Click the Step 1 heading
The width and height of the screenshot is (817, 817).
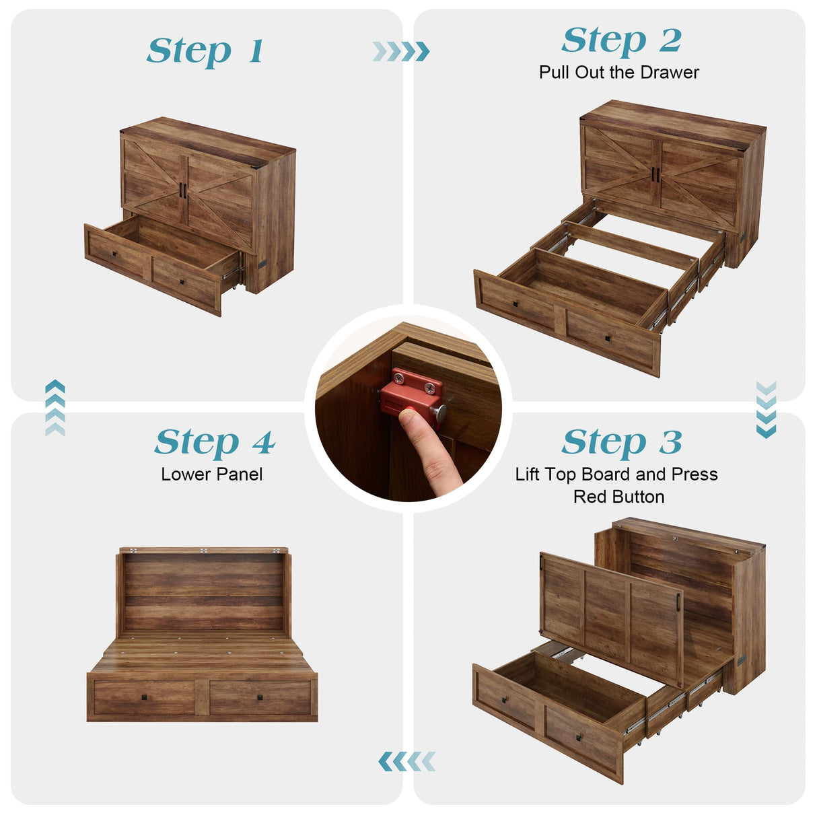[205, 52]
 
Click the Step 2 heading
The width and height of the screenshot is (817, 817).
[621, 41]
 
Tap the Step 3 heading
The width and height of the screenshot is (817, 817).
[621, 443]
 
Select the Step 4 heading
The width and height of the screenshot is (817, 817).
[214, 443]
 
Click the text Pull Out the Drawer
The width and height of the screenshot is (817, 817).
[618, 73]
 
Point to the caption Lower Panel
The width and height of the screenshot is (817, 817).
[211, 474]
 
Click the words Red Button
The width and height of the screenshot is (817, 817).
[618, 497]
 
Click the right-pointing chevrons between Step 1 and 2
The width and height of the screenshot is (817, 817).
[401, 52]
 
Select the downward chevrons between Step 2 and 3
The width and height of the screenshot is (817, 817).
[766, 409]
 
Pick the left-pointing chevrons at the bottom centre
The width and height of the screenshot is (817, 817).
[406, 762]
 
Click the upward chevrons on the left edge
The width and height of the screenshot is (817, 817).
[55, 408]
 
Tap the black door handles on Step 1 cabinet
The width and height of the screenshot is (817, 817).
[182, 190]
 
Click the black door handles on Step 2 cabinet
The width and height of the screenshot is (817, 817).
[654, 174]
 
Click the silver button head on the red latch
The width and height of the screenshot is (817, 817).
[439, 412]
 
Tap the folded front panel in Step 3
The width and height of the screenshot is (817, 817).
[609, 616]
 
